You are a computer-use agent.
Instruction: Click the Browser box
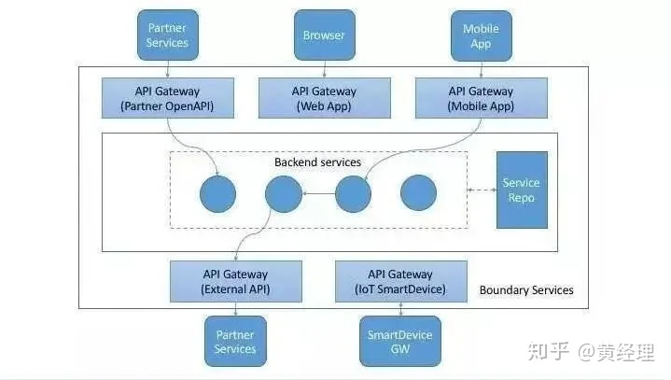pos(325,35)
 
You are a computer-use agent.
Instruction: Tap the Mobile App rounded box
pos(481,35)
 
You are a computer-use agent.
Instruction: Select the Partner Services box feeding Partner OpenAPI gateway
pos(167,35)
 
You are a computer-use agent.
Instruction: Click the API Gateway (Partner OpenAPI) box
pos(168,98)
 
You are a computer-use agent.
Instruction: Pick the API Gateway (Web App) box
pos(325,98)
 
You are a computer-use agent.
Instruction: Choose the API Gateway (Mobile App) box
pos(481,98)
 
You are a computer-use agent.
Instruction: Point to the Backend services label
pos(317,162)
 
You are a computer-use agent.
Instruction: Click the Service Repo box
pos(522,190)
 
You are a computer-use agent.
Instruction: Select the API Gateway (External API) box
pos(236,282)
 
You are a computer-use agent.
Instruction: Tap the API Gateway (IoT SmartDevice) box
pos(401,282)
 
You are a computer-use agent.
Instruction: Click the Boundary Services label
pos(526,290)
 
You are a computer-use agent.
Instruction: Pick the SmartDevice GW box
pos(400,341)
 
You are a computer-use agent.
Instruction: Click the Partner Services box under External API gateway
pos(235,341)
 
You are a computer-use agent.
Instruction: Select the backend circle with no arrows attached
pos(418,192)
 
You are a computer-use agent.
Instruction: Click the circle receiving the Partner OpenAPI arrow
pos(217,194)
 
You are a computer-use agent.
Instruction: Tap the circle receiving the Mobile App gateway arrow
pos(353,194)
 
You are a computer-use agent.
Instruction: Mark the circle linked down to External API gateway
pos(284,194)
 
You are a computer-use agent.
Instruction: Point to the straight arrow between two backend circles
pos(319,194)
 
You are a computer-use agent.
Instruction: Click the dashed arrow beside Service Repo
pos(482,190)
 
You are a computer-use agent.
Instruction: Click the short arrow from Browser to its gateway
pos(325,69)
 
